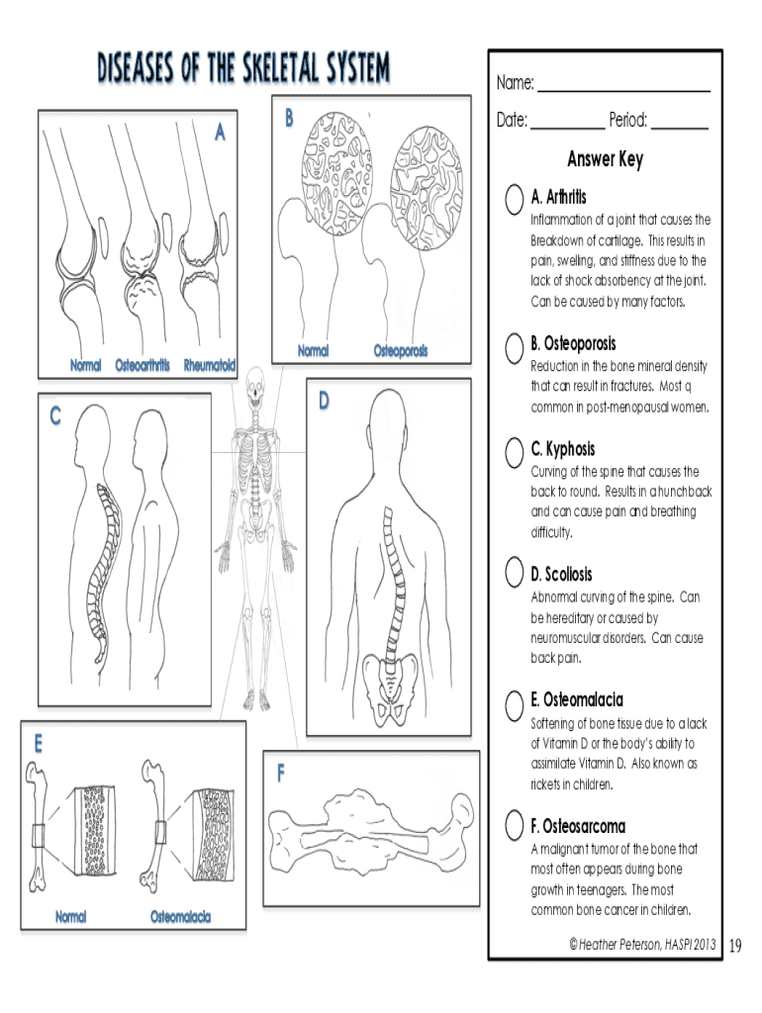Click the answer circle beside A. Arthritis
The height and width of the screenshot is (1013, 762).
pyautogui.click(x=514, y=199)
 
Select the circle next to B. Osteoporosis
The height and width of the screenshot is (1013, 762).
pyautogui.click(x=514, y=346)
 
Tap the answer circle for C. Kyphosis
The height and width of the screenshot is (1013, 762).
pyautogui.click(x=514, y=452)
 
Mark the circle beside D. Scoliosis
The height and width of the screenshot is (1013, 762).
pyautogui.click(x=514, y=572)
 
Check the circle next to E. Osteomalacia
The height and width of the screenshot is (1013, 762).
pyautogui.click(x=514, y=704)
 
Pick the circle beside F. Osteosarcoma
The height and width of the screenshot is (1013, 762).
pyautogui.click(x=514, y=825)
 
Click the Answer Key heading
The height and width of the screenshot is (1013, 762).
pyautogui.click(x=605, y=159)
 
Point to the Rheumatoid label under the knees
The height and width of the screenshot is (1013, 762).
pyautogui.click(x=210, y=366)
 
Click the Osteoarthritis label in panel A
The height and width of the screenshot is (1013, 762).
pyautogui.click(x=145, y=366)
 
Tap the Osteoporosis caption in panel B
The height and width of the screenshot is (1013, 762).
pyautogui.click(x=401, y=351)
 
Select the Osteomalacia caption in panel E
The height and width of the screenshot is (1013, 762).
pyautogui.click(x=180, y=917)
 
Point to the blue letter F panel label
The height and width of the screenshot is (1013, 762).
pyautogui.click(x=282, y=775)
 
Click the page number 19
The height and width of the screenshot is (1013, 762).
pyautogui.click(x=734, y=947)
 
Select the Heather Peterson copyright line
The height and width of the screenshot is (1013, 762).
pyautogui.click(x=642, y=946)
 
